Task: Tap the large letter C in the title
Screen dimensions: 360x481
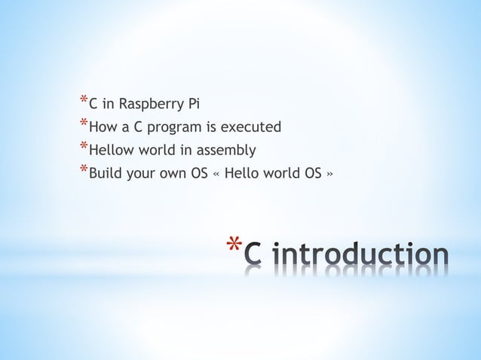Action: tap(256, 255)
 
